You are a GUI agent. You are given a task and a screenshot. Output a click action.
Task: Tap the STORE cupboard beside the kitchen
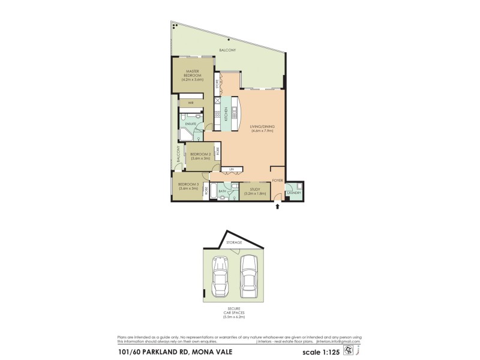(217, 85)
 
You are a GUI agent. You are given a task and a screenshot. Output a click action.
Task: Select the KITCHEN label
(226, 113)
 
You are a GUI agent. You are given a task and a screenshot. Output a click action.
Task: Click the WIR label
(191, 103)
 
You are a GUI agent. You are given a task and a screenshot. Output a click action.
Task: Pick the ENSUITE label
(191, 124)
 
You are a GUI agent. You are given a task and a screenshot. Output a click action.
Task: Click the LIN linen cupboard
(231, 170)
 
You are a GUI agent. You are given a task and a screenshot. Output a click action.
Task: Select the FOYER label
(277, 180)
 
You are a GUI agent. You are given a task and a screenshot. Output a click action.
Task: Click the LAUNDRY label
(293, 193)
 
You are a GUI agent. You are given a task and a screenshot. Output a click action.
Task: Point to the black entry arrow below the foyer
(277, 207)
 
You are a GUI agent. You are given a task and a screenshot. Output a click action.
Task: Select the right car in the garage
(249, 274)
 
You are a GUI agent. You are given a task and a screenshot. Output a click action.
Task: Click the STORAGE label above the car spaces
(235, 242)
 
